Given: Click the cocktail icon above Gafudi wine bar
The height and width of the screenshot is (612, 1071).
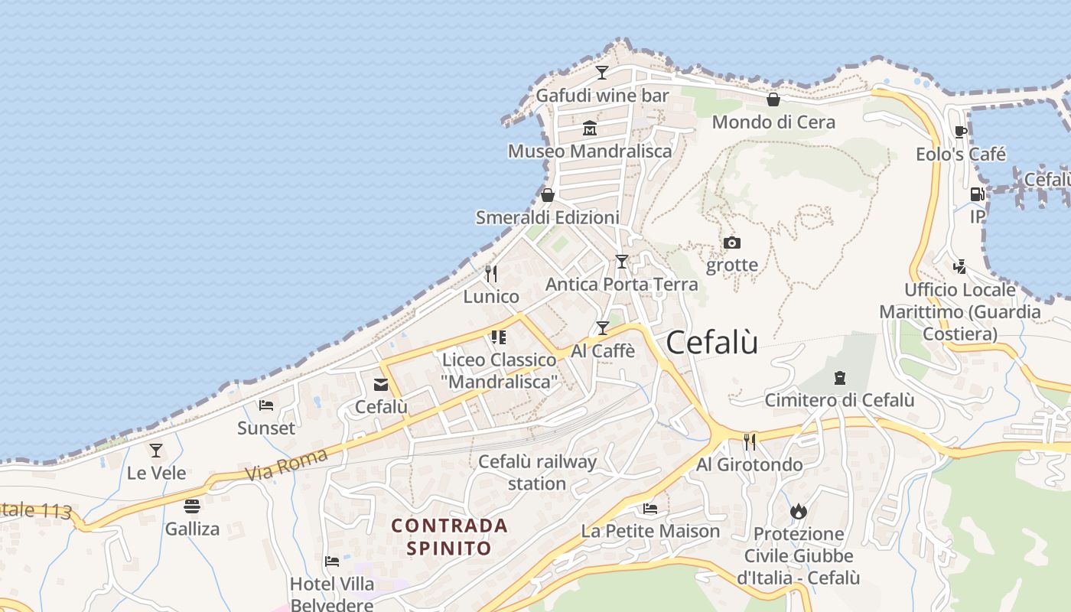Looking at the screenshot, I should pyautogui.click(x=602, y=73).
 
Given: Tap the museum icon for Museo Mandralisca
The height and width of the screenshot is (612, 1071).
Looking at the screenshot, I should pyautogui.click(x=589, y=128).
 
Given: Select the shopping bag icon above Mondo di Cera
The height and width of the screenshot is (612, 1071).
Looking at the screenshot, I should pyautogui.click(x=773, y=99).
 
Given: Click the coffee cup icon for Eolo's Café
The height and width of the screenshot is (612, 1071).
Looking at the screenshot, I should pyautogui.click(x=961, y=132).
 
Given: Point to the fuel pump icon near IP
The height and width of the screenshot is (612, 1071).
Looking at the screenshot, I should pyautogui.click(x=977, y=194).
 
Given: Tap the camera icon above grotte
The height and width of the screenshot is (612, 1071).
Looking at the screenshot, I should pyautogui.click(x=732, y=243).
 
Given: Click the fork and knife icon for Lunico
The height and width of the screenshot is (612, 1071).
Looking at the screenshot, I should pyautogui.click(x=491, y=273).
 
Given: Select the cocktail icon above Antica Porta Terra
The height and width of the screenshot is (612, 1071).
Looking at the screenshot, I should pyautogui.click(x=621, y=262).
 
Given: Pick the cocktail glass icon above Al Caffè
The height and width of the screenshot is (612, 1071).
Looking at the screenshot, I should pyautogui.click(x=603, y=328).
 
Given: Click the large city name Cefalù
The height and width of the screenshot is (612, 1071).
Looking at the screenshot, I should pyautogui.click(x=712, y=342).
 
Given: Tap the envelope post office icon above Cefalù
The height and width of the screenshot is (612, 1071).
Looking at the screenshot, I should pyautogui.click(x=381, y=384).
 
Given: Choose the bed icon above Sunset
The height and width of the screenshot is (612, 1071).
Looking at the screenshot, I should pyautogui.click(x=266, y=405).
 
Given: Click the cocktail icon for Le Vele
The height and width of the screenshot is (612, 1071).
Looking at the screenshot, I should pyautogui.click(x=156, y=450).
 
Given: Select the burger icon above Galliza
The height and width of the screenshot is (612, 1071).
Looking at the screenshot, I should pyautogui.click(x=192, y=506).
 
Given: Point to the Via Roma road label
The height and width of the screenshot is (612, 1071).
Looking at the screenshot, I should pyautogui.click(x=288, y=464).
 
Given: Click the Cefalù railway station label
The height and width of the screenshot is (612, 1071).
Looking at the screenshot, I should pyautogui.click(x=537, y=472).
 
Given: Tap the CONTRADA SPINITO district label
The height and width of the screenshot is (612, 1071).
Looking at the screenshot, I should pyautogui.click(x=449, y=536).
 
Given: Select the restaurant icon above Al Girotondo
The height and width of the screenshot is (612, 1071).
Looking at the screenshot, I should pyautogui.click(x=750, y=441).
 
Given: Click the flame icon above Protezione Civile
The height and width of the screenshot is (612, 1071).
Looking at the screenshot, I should pyautogui.click(x=799, y=511).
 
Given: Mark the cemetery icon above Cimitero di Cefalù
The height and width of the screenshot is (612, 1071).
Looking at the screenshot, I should pyautogui.click(x=840, y=377).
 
